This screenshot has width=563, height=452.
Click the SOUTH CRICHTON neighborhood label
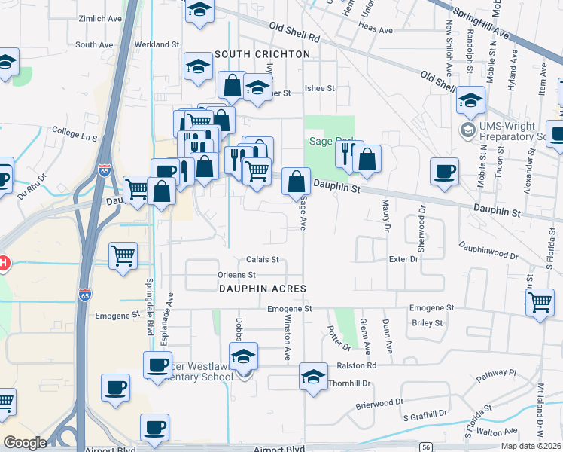point(262,55)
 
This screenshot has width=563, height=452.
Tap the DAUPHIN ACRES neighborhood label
point(262,289)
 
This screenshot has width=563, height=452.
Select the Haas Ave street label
point(376,31)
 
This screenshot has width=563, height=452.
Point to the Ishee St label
point(319,88)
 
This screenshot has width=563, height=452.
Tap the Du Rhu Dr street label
point(32,184)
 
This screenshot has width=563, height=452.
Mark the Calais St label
point(263,260)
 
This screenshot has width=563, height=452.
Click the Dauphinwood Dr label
point(488,251)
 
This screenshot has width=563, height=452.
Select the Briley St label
point(428,322)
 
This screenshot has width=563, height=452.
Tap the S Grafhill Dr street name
point(426,414)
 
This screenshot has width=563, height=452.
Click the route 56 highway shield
point(426,447)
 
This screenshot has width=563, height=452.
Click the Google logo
point(25,443)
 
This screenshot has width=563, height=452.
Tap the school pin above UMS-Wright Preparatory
point(470,99)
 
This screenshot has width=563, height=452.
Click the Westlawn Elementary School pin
point(244,356)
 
